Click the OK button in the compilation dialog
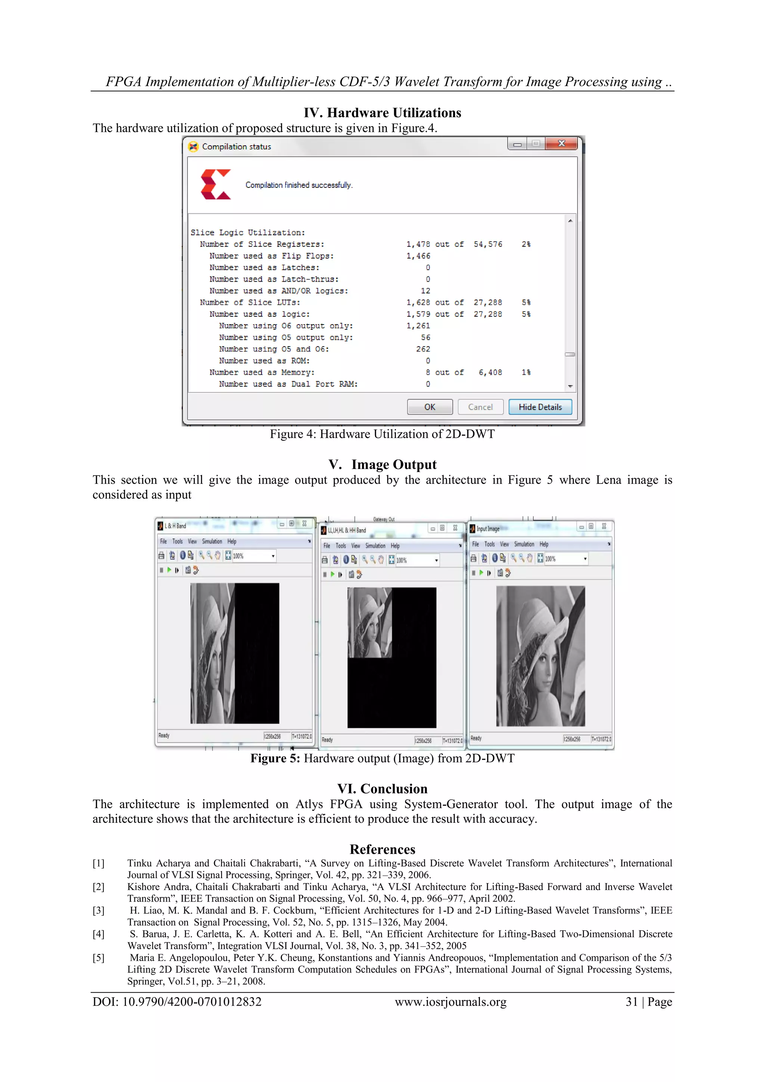point(430,407)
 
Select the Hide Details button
point(540,407)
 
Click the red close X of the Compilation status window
point(561,144)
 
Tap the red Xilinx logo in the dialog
point(216,184)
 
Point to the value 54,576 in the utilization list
point(488,244)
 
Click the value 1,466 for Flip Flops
point(418,256)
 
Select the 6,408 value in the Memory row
point(490,372)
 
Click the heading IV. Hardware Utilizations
point(382,113)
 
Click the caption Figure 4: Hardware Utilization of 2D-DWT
point(382,434)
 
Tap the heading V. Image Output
point(382,465)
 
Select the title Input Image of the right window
point(488,529)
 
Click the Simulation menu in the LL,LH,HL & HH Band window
point(375,546)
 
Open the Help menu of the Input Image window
point(544,544)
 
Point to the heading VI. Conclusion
point(382,789)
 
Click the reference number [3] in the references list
point(99,911)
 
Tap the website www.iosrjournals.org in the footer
point(450,1002)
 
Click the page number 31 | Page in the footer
point(648,1002)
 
